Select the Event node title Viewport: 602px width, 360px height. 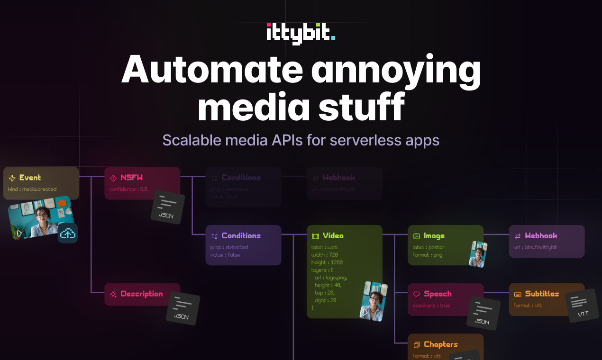(30, 178)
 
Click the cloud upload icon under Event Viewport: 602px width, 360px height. (68, 233)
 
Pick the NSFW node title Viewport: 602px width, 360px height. (131, 178)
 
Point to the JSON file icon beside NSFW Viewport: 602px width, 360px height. (167, 207)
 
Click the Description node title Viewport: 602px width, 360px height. (141, 294)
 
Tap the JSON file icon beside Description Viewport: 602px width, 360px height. (182, 308)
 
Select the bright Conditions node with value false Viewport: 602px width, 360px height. (241, 235)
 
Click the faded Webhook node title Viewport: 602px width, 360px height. (338, 178)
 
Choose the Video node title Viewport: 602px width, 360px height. (333, 235)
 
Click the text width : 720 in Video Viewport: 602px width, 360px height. (325, 255)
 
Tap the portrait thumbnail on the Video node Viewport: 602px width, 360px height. (374, 301)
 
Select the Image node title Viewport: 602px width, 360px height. (434, 235)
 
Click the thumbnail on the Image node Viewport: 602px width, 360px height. (478, 254)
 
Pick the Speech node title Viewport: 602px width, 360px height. (437, 294)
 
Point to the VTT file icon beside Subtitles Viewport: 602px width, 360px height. (583, 306)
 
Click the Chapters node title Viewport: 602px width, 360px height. (440, 344)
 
